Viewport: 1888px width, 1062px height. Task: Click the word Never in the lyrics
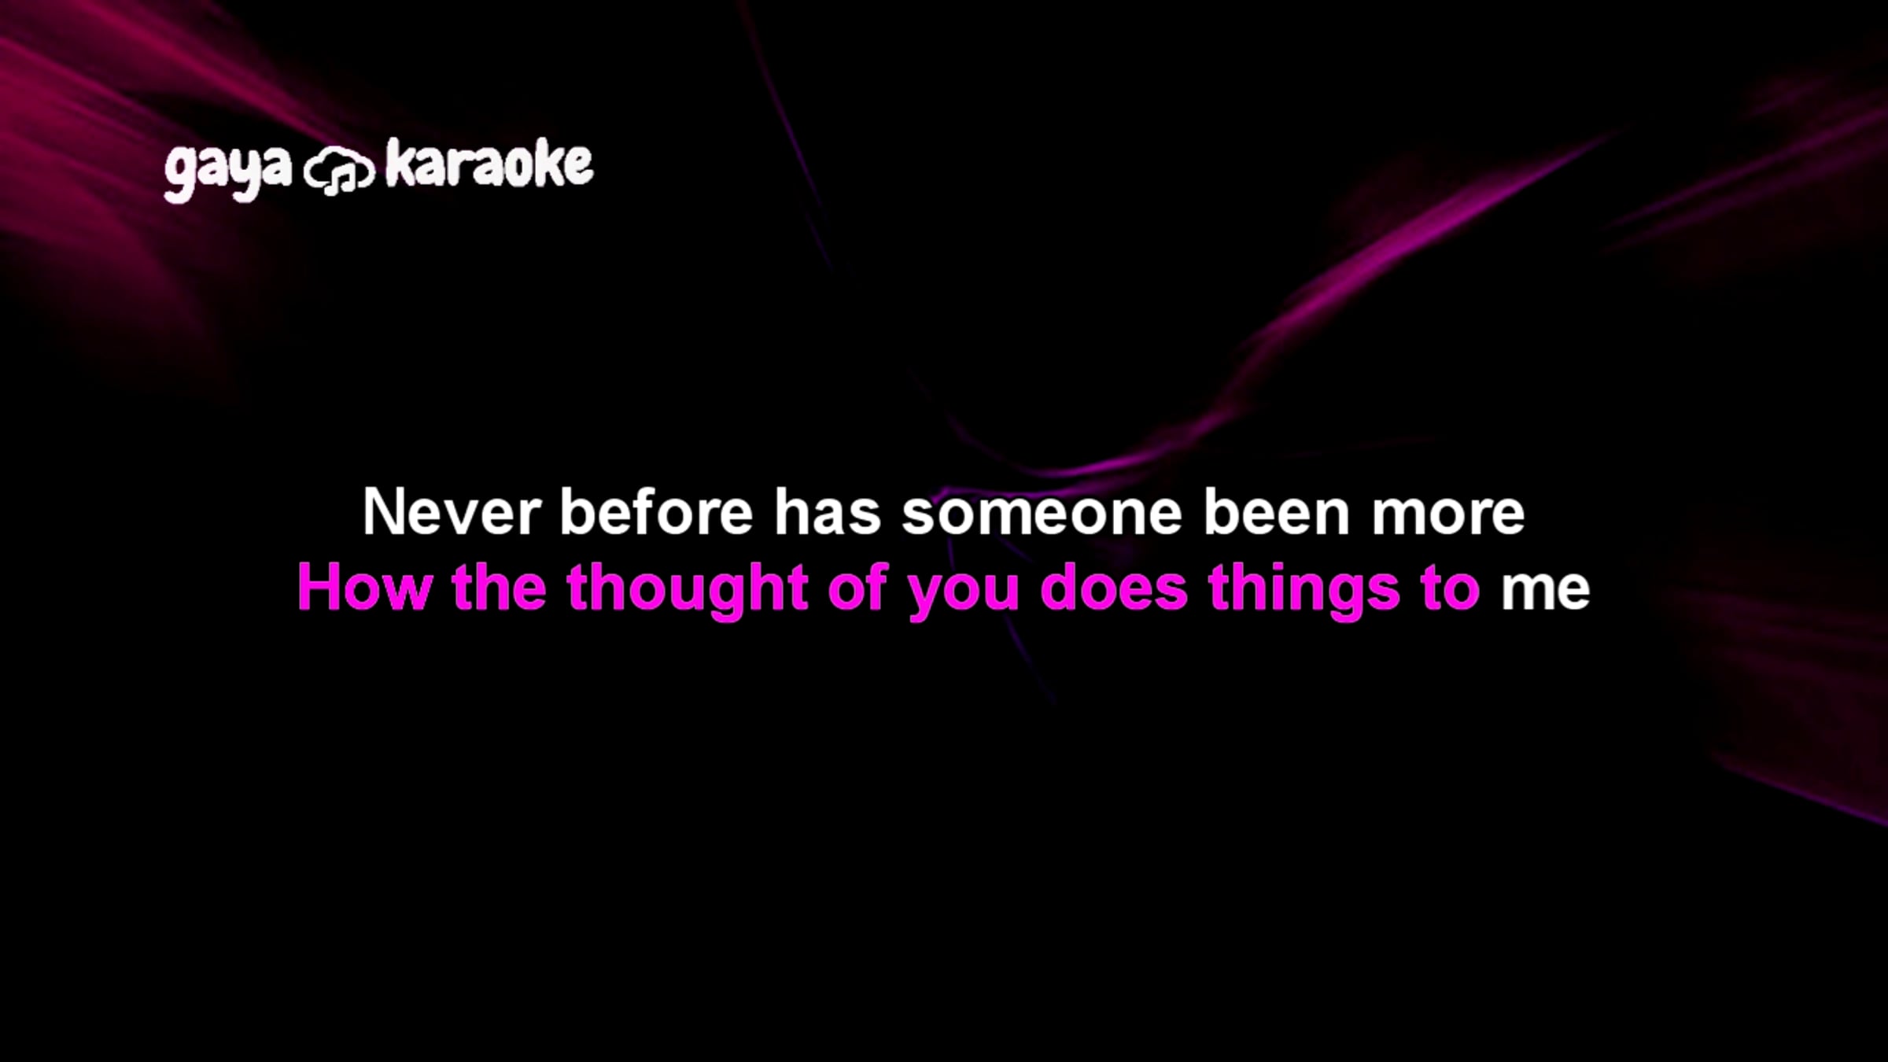tap(452, 512)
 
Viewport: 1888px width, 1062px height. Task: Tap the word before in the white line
tap(656, 511)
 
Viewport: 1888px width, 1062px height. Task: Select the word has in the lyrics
tap(827, 511)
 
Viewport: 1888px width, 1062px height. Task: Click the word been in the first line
tap(1277, 511)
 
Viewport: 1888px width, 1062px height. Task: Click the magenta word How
tap(365, 587)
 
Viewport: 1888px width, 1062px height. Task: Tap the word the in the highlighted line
tap(499, 587)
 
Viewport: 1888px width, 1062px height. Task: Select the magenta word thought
tap(687, 591)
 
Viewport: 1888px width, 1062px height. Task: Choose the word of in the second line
tap(857, 586)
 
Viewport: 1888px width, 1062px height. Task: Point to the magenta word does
tap(1113, 587)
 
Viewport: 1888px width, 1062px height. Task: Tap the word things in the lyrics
tap(1304, 591)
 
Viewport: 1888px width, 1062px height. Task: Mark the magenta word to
tap(1450, 588)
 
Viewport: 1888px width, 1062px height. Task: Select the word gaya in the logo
tap(227, 171)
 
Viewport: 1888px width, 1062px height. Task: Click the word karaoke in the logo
tap(489, 164)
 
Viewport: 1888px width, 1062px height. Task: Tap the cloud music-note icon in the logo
tap(338, 171)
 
